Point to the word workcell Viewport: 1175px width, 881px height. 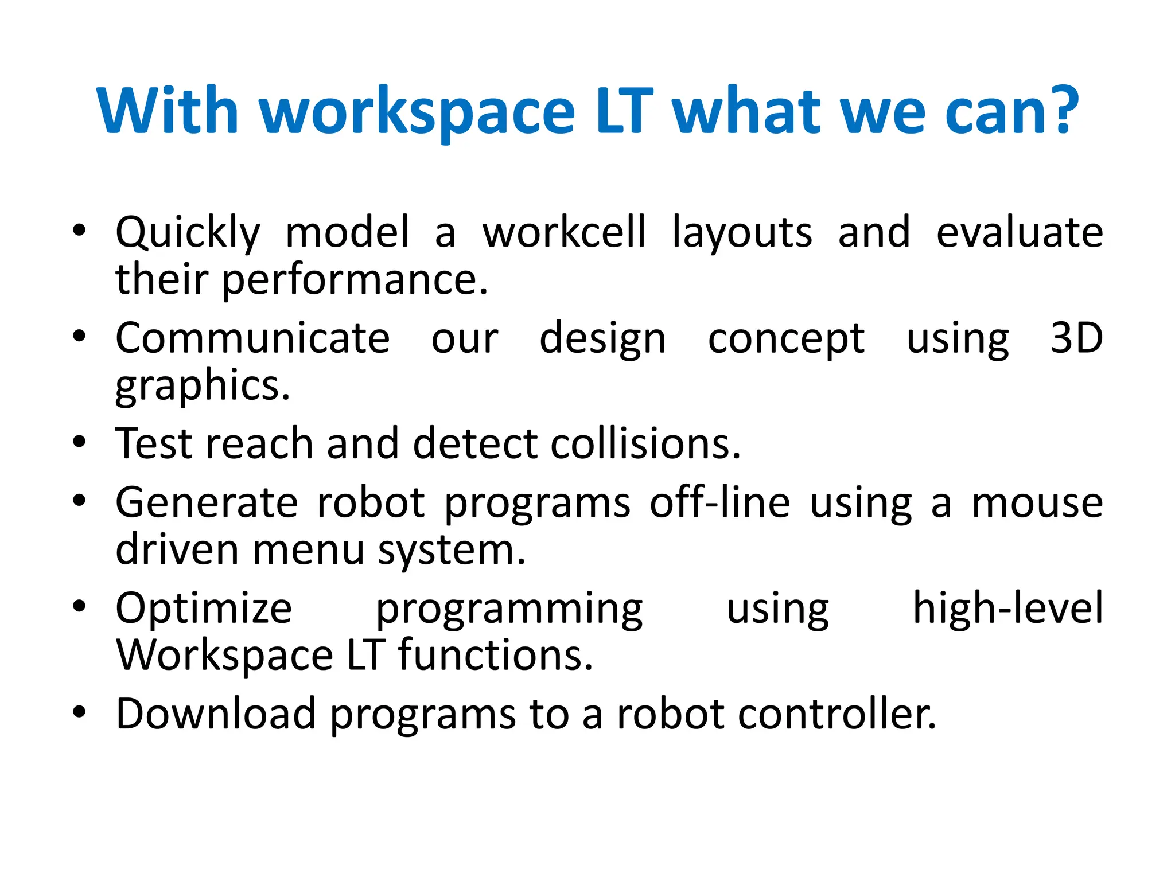(564, 232)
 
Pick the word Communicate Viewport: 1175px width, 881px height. (252, 338)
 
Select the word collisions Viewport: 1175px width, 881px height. (645, 444)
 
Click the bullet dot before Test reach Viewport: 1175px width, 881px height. (79, 442)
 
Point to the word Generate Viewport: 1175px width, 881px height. (207, 503)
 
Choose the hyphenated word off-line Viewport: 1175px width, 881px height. (719, 503)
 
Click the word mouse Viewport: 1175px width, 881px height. (1037, 503)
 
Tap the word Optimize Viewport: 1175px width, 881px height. (204, 609)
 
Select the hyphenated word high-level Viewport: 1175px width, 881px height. (1007, 608)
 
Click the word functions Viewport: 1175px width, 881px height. (495, 655)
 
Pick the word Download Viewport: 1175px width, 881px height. (216, 714)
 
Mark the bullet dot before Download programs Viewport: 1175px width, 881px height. (79, 712)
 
